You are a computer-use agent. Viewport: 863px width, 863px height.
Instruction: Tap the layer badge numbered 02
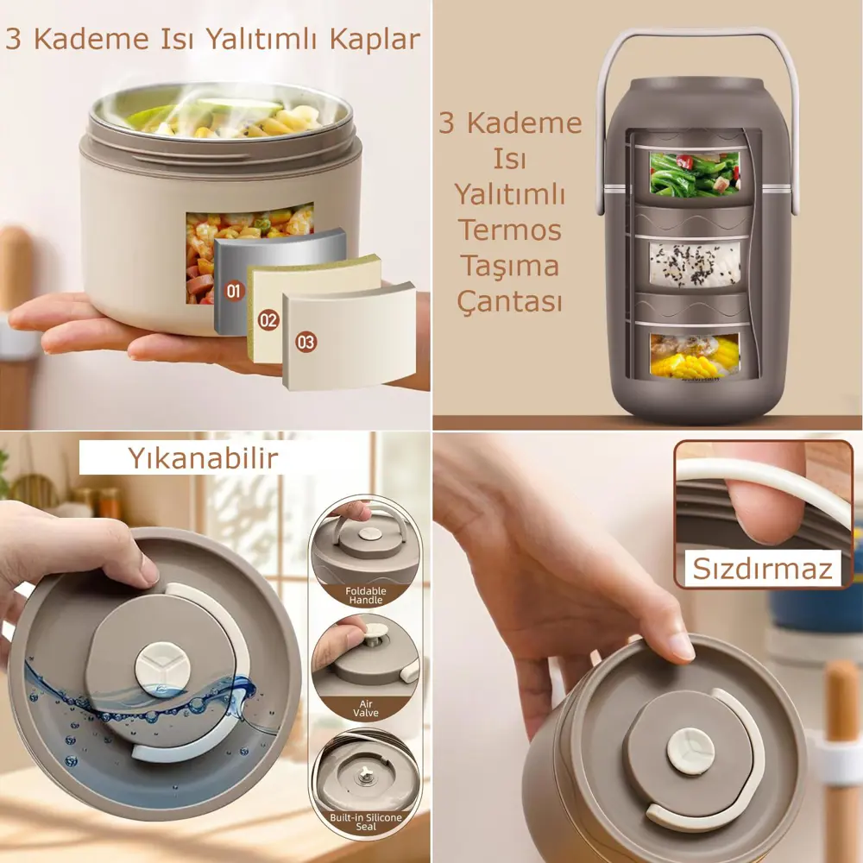(x=268, y=320)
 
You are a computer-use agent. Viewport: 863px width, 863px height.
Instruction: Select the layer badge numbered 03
(x=306, y=342)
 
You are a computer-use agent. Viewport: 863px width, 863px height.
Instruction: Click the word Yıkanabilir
(x=203, y=458)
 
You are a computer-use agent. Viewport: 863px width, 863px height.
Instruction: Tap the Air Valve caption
(x=366, y=709)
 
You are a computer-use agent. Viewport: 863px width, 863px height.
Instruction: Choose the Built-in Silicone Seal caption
(x=365, y=821)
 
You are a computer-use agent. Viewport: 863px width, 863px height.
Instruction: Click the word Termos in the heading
(x=509, y=230)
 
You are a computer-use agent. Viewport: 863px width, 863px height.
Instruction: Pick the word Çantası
(x=511, y=302)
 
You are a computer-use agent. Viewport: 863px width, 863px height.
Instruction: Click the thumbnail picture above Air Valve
(x=365, y=655)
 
